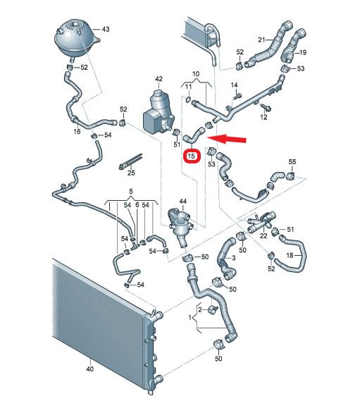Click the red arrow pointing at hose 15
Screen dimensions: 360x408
coord(227,138)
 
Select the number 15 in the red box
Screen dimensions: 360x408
coord(191,156)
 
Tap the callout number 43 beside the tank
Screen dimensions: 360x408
coord(106,29)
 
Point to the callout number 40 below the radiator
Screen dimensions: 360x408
coord(89,369)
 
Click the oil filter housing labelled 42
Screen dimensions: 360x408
coord(158,112)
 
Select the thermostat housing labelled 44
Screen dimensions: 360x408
coord(181,226)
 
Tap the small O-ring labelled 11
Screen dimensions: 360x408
coord(189,99)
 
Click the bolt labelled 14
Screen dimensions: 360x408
coord(237,97)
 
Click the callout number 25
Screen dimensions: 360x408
coord(131,173)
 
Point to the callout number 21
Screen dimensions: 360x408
coord(261,39)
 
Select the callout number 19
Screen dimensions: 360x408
coord(303,53)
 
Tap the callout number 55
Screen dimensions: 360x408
coord(292,161)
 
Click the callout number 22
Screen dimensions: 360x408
coord(263,235)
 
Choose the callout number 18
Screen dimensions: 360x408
coord(290,255)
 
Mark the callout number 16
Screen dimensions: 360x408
coord(77,131)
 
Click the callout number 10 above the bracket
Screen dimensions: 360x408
coord(196,74)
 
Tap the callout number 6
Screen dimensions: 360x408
coord(137,205)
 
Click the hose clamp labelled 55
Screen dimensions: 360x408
coord(290,176)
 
